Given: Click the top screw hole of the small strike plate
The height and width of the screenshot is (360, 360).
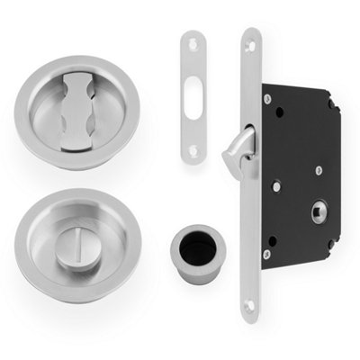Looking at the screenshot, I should point(192,43).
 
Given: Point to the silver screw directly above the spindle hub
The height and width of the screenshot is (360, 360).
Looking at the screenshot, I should point(318,169).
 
